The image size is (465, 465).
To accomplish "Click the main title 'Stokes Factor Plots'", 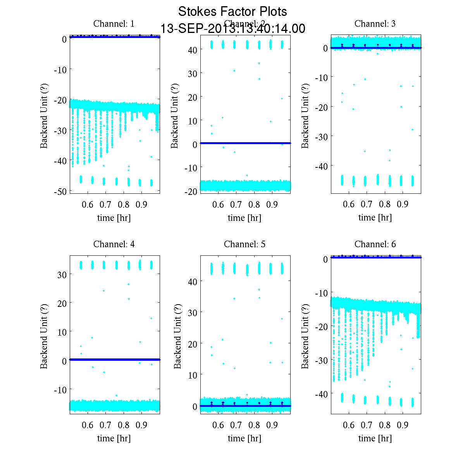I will click(232, 12).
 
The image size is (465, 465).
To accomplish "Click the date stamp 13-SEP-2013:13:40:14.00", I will click(232, 29).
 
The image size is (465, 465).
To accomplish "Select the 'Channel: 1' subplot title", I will click(114, 24).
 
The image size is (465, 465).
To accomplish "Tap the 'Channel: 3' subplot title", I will click(375, 24).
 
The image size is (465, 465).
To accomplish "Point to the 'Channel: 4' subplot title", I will click(114, 244).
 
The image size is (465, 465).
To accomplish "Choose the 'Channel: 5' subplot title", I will click(245, 244).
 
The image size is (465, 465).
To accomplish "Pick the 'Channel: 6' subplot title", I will click(375, 244).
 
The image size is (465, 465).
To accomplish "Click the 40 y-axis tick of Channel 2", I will click(193, 50).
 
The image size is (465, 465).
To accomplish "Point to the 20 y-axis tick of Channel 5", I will click(193, 344).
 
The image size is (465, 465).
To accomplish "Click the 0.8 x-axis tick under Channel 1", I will click(124, 204).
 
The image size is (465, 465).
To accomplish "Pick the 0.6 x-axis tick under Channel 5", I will click(218, 425).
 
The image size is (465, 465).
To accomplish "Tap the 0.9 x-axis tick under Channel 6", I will click(403, 425).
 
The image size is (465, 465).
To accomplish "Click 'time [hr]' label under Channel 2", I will click(245, 218).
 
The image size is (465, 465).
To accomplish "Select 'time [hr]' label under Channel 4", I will click(114, 438).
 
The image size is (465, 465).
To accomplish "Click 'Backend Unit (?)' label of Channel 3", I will click(305, 115).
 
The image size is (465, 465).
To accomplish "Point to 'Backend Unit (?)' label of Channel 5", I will click(177, 336).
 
